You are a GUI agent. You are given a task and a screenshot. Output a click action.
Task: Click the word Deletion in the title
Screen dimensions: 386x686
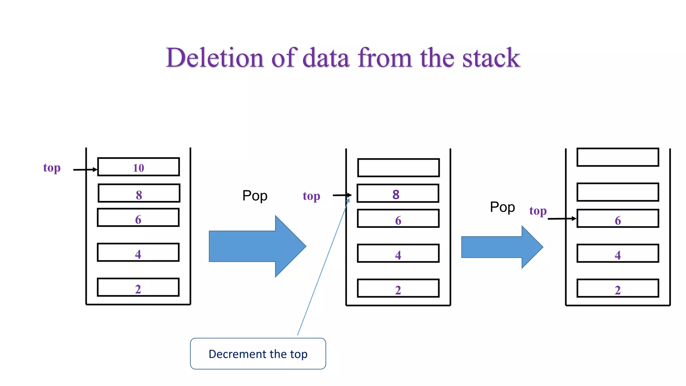[215, 58]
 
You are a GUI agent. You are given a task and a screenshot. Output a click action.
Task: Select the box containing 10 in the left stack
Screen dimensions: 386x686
[138, 167]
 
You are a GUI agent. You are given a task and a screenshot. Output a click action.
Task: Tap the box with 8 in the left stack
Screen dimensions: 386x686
[139, 193]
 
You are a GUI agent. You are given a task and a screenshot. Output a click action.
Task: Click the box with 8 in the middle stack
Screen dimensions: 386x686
[398, 193]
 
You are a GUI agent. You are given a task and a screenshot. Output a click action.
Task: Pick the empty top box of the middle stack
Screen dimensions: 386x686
[398, 168]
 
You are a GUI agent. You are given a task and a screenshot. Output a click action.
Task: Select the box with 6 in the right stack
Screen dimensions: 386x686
[618, 218]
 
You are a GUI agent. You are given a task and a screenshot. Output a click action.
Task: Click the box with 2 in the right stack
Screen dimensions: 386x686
[618, 288]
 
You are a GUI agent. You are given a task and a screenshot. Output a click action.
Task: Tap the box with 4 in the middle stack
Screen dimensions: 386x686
[398, 253]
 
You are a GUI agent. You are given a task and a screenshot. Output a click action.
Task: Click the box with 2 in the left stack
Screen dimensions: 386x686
[138, 287]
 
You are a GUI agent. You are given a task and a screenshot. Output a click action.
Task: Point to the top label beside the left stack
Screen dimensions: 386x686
[52, 168]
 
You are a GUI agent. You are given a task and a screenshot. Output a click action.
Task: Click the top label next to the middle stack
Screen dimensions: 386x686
[312, 196]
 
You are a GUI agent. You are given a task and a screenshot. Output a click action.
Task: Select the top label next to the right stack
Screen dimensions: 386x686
[538, 211]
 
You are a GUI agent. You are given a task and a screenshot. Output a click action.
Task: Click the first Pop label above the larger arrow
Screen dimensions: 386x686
[255, 196]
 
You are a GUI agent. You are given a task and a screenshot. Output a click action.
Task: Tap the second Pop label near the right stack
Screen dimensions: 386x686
[502, 207]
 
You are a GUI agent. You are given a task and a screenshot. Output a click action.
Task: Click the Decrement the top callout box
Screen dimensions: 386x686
[258, 354]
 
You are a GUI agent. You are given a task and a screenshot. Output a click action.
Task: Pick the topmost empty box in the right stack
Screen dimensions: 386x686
[618, 157]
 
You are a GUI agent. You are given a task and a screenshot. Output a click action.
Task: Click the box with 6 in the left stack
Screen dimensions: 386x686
[138, 218]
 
